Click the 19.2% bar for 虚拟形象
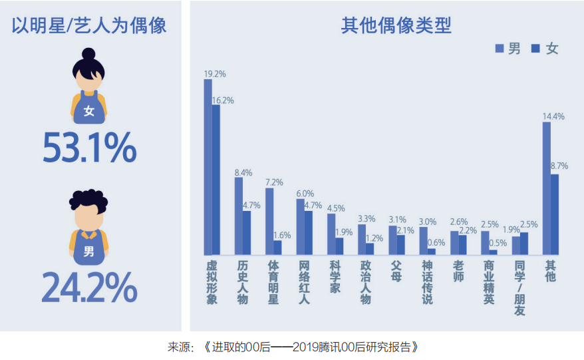[x=208, y=167]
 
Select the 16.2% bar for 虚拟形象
[x=216, y=180]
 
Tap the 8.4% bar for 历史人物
[x=239, y=216]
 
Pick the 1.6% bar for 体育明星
[x=277, y=248]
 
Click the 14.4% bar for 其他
[x=546, y=188]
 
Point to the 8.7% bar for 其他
[x=555, y=215]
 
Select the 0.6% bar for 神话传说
[x=431, y=252]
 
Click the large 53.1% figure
[x=90, y=148]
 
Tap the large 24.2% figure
[x=89, y=287]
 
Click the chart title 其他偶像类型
[x=396, y=26]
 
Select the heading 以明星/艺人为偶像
[x=89, y=26]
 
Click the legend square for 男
[x=500, y=49]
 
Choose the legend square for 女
[x=535, y=49]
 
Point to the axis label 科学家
[x=335, y=277]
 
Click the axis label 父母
[x=396, y=271]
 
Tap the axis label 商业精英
[x=489, y=283]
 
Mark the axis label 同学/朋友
[x=519, y=288]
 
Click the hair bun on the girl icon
[x=88, y=54]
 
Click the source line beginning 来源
[x=293, y=347]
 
